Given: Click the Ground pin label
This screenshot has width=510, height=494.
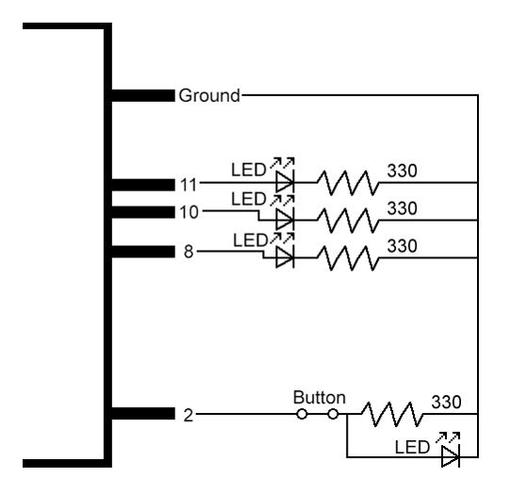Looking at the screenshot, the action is (209, 95).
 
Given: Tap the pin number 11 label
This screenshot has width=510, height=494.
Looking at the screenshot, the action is (189, 185).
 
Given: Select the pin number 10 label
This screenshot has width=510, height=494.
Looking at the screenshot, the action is (189, 212).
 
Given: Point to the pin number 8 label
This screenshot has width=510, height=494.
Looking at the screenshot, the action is (189, 252).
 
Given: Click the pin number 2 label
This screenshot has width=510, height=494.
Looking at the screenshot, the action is (189, 416).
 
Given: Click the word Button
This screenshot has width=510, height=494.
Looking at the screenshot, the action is (319, 398).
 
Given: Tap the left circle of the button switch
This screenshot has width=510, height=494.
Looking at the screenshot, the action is (302, 414).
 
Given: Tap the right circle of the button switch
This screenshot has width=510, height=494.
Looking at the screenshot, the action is (333, 414).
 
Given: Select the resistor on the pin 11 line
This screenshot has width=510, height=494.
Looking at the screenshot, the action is (348, 183).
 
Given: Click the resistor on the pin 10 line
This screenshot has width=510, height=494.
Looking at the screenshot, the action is (348, 221).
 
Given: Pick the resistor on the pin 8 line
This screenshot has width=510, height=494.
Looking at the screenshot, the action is (348, 258).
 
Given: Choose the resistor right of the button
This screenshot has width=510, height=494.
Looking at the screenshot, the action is (392, 414).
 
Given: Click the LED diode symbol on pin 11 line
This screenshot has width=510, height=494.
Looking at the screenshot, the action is (285, 182).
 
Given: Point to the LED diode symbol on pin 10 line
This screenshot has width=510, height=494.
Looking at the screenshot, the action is (285, 220).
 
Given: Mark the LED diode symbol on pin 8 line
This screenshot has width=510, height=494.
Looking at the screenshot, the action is (285, 257).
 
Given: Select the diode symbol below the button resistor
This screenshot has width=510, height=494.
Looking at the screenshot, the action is (451, 457).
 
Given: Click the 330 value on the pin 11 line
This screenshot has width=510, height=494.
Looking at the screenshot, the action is (402, 171).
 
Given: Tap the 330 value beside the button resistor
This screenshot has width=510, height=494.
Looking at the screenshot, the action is (446, 402).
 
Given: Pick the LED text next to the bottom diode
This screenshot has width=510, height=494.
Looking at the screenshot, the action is (412, 447).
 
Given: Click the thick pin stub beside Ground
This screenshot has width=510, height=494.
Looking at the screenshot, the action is (143, 95).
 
